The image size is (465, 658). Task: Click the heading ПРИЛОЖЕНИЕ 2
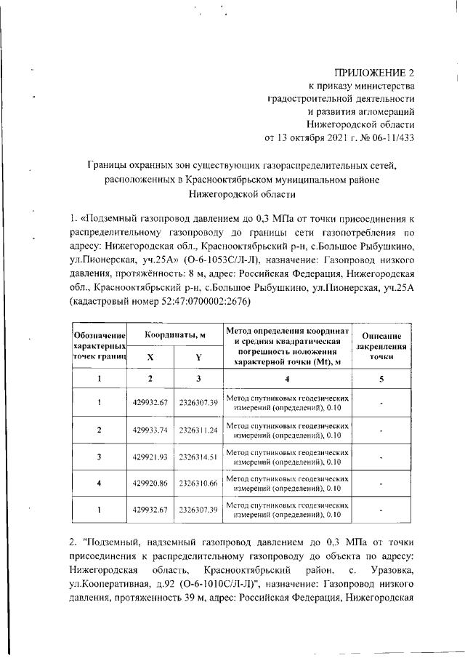click(x=373, y=73)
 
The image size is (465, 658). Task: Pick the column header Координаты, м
click(x=174, y=334)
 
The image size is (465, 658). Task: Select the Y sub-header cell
click(x=198, y=357)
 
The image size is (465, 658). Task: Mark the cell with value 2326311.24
click(x=198, y=430)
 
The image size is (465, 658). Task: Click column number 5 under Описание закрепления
click(x=381, y=379)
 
